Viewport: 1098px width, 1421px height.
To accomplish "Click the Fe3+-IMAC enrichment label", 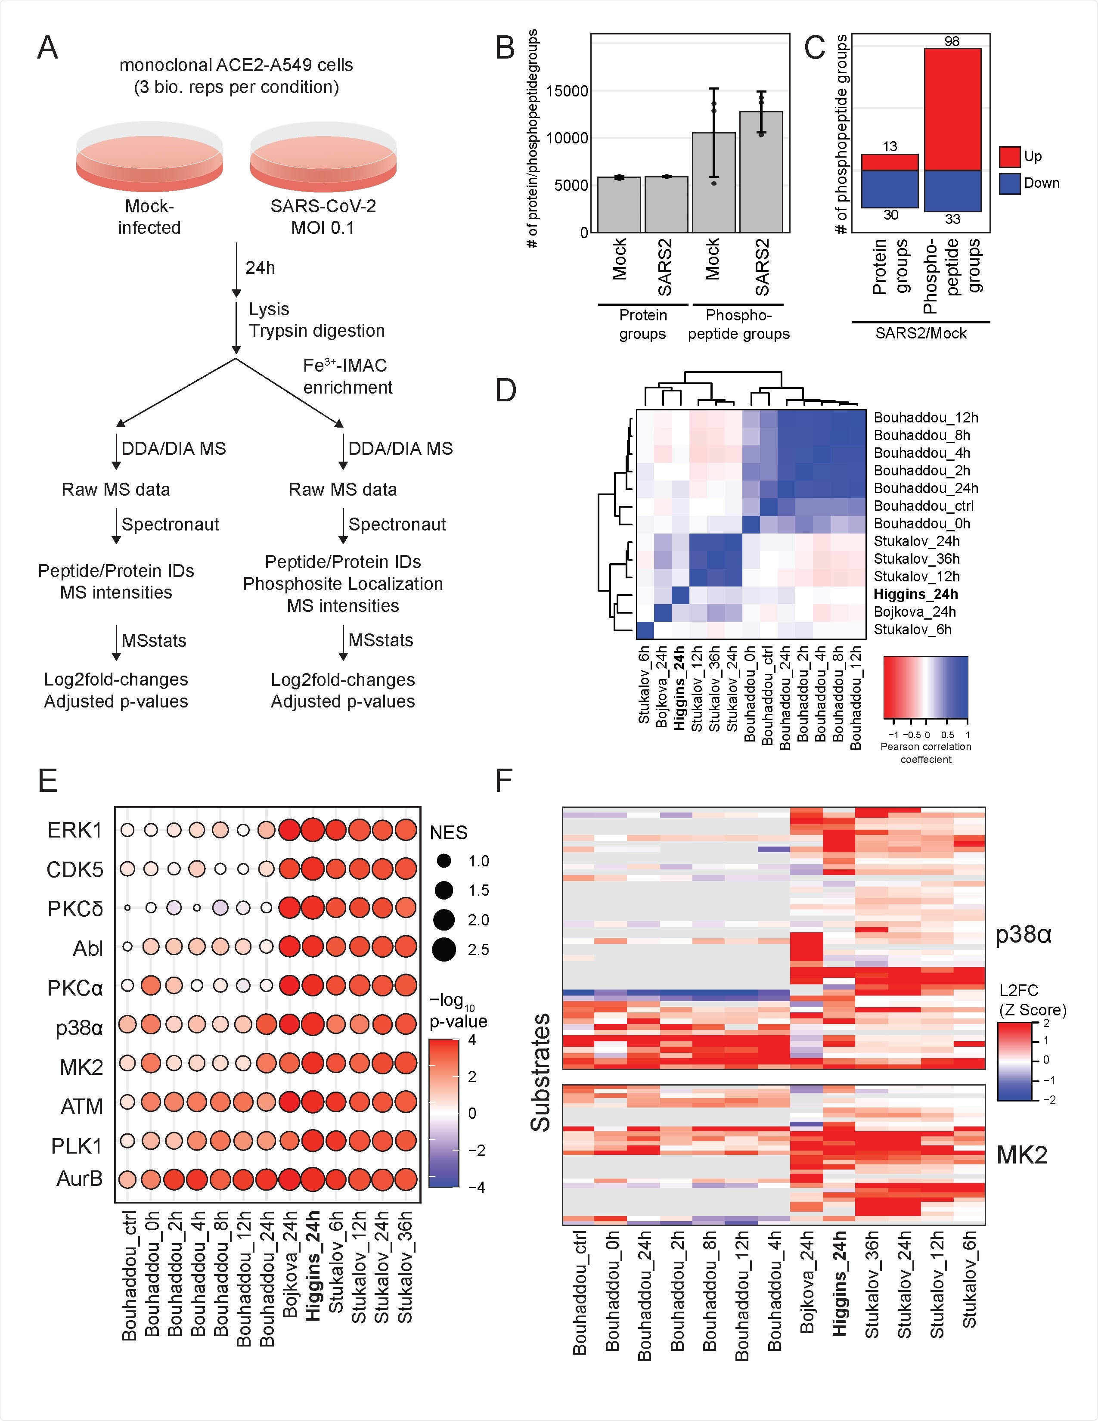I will tap(347, 376).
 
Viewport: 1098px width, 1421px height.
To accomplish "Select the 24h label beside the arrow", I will tap(260, 268).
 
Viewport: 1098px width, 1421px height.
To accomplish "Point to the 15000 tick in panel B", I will tap(567, 91).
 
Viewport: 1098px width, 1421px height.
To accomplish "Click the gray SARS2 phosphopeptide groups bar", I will tap(761, 172).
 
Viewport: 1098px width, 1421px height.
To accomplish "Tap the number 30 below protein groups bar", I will tap(890, 215).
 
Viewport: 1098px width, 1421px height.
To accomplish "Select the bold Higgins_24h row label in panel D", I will tap(915, 594).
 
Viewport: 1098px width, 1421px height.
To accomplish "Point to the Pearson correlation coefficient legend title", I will tap(926, 753).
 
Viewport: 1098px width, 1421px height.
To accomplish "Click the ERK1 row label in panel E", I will tap(75, 830).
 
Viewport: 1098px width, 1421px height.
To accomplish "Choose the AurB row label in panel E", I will tap(79, 1178).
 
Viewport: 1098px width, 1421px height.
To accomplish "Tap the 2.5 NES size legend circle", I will tap(444, 949).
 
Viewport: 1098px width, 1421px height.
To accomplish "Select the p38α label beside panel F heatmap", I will tap(1023, 935).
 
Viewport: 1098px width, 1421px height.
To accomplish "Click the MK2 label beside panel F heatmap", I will tap(1022, 1155).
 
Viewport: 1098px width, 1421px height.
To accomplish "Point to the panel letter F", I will tap(504, 780).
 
